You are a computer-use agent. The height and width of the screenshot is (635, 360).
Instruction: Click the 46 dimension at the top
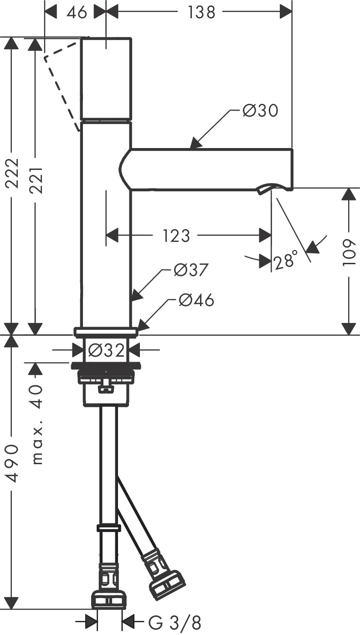76,12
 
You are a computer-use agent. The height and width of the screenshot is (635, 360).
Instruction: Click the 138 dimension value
201,12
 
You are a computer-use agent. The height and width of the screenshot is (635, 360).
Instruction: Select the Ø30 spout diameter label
260,110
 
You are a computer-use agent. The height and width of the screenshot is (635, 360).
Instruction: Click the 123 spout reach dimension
176,236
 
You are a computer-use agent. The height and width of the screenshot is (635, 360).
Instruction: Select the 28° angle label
286,261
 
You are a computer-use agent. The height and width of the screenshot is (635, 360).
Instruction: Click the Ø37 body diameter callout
191,270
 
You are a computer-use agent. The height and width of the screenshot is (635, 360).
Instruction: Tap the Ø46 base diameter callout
196,300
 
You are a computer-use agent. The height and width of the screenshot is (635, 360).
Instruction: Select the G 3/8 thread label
175,621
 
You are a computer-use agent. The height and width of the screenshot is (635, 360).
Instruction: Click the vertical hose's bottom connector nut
108,599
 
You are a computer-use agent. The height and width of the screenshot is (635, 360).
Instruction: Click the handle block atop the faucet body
106,78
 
